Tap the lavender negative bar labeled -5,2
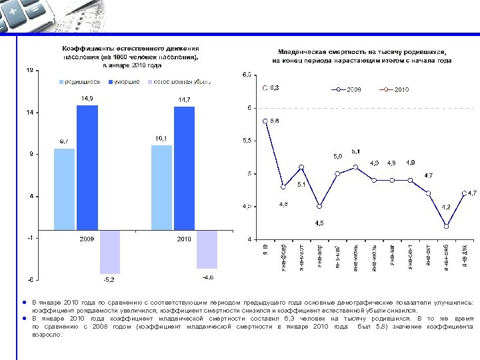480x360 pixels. point(109,251)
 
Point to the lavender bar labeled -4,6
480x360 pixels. point(207,249)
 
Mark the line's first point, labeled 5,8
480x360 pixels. point(265,121)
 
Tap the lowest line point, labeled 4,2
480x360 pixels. point(446,226)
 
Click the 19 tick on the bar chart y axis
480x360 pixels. point(30,71)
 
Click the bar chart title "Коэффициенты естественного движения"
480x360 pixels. point(131,49)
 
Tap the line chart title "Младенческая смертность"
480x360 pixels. point(361,51)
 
